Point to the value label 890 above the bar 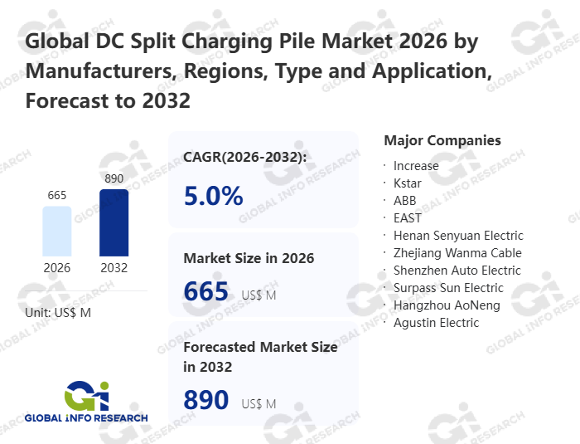pyautogui.click(x=114, y=178)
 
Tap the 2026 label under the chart pyautogui.click(x=57, y=268)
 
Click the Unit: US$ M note pyautogui.click(x=58, y=312)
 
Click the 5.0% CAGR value pyautogui.click(x=213, y=196)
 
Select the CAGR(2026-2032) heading pyautogui.click(x=245, y=157)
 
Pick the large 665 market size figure pyautogui.click(x=205, y=291)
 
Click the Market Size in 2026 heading pyautogui.click(x=249, y=258)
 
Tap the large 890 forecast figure pyautogui.click(x=205, y=400)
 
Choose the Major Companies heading pyautogui.click(x=442, y=140)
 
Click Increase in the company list pyautogui.click(x=416, y=166)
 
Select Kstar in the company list pyautogui.click(x=408, y=183)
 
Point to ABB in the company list pyautogui.click(x=405, y=201)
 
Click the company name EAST pyautogui.click(x=408, y=218)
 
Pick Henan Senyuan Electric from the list pyautogui.click(x=458, y=236)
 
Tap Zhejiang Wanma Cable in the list pyautogui.click(x=457, y=253)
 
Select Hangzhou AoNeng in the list pyautogui.click(x=447, y=305)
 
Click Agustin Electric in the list pyautogui.click(x=436, y=323)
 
